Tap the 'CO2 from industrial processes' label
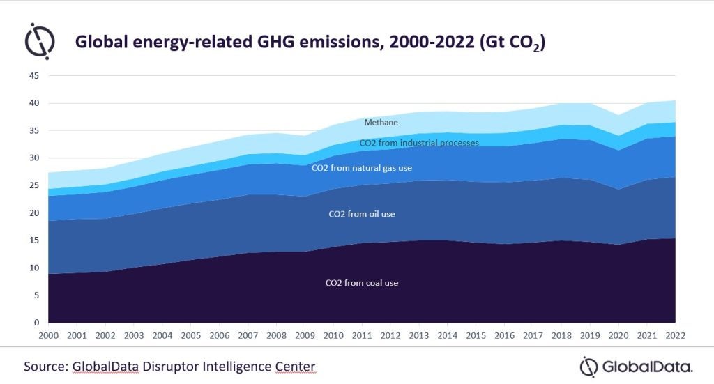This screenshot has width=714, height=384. tap(419, 143)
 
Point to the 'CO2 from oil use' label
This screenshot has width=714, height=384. tap(362, 214)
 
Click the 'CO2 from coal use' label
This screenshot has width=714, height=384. tap(362, 283)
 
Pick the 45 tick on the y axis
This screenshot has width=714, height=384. tap(34, 75)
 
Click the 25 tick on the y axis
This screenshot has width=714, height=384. tap(34, 185)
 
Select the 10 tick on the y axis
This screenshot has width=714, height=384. tap(34, 268)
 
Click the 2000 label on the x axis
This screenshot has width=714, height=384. tap(48, 335)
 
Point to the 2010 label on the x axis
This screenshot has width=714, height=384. tap(333, 335)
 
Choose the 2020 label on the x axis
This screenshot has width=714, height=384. tap(618, 335)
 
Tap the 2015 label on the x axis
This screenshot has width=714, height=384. tap(476, 335)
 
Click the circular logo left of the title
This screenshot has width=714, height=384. tap(40, 41)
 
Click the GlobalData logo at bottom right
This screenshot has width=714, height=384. tap(636, 366)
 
